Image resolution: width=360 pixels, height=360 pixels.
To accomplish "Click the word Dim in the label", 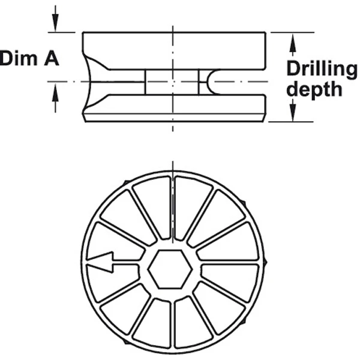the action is pyautogui.click(x=19, y=58).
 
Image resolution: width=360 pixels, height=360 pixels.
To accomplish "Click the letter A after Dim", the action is pyautogui.click(x=52, y=59).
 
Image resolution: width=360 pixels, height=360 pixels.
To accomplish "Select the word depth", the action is pyautogui.click(x=314, y=89).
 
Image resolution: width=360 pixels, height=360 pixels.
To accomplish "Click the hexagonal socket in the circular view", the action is pyautogui.click(x=170, y=269).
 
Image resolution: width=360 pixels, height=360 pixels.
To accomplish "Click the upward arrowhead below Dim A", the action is pyautogui.click(x=55, y=92).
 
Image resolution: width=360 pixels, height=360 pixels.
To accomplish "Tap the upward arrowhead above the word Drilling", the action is pyautogui.click(x=293, y=43).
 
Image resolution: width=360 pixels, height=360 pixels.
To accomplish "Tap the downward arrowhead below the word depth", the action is pyautogui.click(x=293, y=112).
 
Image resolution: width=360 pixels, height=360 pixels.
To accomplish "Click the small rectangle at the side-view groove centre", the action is pyautogui.click(x=172, y=82).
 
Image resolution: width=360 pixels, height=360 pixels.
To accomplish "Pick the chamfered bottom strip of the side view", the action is pyautogui.click(x=174, y=118).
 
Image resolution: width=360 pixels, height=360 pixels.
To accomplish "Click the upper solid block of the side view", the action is pyautogui.click(x=174, y=51).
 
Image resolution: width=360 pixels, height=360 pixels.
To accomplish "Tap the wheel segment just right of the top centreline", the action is pyautogui.click(x=192, y=206).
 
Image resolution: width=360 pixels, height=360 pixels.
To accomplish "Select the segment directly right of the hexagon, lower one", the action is pyautogui.click(x=230, y=283).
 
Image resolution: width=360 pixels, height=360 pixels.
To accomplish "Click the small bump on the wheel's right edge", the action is pyautogui.click(x=265, y=262).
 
